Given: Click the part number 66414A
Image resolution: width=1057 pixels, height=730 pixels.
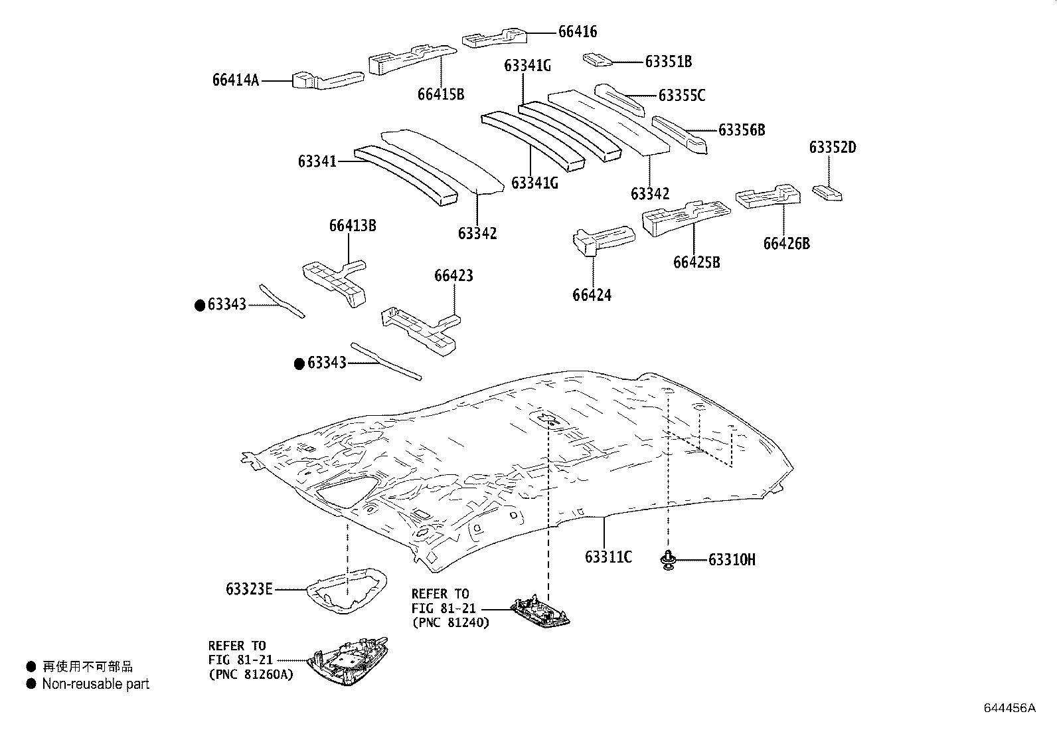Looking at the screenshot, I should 236,80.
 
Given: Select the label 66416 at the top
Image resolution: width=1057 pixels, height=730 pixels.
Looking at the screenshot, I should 577,32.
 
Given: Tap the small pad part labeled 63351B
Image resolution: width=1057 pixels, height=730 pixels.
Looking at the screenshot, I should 596,60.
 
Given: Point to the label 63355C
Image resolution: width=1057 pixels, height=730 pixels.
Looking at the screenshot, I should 682,96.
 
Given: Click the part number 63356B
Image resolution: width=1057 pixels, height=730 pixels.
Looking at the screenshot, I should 742,130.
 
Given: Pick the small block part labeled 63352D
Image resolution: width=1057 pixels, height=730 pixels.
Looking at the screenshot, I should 827,193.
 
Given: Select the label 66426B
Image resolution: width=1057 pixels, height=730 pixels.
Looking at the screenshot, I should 786,244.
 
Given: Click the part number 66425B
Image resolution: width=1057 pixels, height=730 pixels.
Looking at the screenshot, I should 696,262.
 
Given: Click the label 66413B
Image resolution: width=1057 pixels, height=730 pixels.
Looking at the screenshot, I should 353,226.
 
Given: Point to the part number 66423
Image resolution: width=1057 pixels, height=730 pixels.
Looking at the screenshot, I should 454,276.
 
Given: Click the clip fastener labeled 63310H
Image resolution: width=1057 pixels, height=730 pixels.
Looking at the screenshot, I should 667,560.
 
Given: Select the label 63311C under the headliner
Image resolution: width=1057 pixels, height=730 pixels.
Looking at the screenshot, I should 608,557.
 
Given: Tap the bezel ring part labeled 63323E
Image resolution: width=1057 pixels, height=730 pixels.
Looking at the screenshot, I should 347,589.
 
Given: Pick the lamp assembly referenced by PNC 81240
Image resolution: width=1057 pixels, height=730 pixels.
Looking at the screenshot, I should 541,612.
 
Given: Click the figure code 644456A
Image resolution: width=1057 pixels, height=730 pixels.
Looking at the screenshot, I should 1009,708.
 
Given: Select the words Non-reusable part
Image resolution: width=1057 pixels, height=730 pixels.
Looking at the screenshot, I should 96,684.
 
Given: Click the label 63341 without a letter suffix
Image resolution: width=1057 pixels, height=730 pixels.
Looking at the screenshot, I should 317,161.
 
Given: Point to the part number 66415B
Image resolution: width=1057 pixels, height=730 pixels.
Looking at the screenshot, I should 441,94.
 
